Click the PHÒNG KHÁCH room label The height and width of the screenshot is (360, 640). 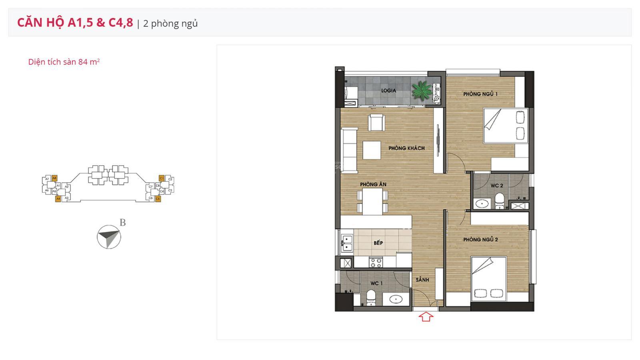[x=406, y=148]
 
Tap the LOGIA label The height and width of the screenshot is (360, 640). [x=388, y=91]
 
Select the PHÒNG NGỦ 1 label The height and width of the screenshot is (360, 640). [x=480, y=94]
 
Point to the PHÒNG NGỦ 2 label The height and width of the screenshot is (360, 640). [x=480, y=240]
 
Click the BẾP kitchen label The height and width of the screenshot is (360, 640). [x=378, y=243]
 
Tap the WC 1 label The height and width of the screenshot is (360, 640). [x=376, y=283]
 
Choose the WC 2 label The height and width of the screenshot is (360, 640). [x=497, y=186]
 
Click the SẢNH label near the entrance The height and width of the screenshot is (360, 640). [x=422, y=280]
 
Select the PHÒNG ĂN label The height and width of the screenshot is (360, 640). [x=373, y=184]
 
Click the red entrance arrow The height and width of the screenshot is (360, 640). [x=426, y=317]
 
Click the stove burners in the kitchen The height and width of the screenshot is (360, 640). [x=376, y=262]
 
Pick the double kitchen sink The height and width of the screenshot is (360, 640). [x=346, y=244]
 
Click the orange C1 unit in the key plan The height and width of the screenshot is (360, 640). [x=162, y=178]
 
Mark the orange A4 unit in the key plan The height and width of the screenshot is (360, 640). [x=58, y=198]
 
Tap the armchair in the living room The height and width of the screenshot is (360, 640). [x=376, y=122]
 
